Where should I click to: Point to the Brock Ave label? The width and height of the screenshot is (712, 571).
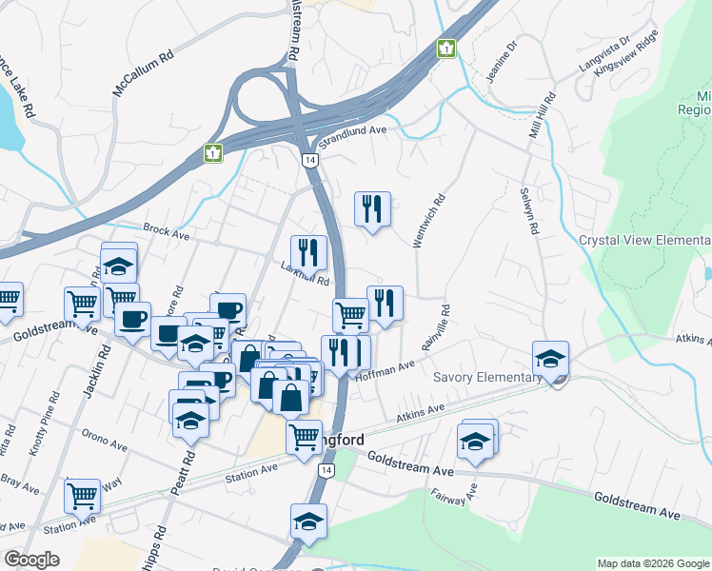(x=167, y=229)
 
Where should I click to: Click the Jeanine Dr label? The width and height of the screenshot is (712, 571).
(x=502, y=61)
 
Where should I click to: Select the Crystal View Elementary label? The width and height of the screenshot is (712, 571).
(x=644, y=240)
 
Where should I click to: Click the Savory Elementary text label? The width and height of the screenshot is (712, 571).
(x=487, y=378)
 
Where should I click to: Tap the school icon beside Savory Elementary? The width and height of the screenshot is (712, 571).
(x=550, y=359)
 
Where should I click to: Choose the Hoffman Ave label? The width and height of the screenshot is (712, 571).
(x=385, y=370)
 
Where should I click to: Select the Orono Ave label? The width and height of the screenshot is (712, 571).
(x=105, y=444)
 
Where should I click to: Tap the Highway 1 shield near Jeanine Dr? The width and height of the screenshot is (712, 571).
(x=445, y=48)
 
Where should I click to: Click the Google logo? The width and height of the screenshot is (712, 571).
(x=30, y=560)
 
